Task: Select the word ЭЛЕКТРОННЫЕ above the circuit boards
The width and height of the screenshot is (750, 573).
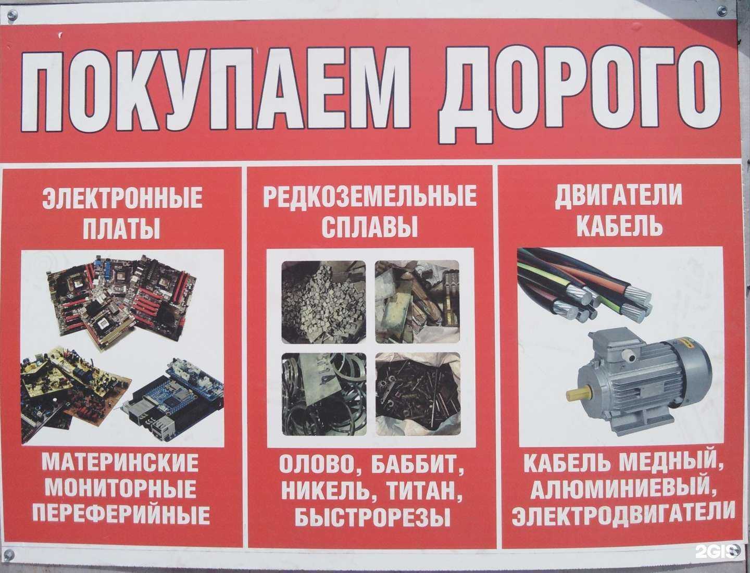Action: click(x=122, y=198)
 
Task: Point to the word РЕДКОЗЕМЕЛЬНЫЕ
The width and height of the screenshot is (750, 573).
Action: click(x=370, y=196)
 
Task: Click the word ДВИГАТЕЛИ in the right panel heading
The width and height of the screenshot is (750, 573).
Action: click(x=618, y=196)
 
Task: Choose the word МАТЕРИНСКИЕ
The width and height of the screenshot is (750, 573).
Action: click(x=120, y=463)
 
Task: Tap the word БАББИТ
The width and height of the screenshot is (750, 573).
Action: click(x=418, y=465)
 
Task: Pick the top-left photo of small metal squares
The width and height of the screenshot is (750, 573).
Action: click(x=323, y=302)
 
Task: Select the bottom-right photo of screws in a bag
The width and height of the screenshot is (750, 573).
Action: click(x=418, y=394)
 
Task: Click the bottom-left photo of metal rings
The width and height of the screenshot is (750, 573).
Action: click(x=323, y=394)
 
